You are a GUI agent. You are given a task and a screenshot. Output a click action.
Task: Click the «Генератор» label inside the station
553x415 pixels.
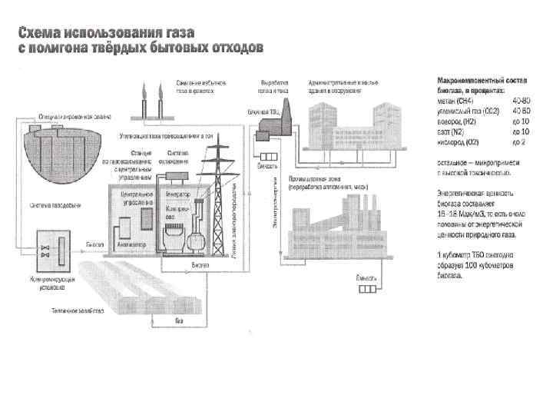click(x=177, y=194)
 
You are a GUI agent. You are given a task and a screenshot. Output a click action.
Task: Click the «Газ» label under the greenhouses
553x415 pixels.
click(x=178, y=320)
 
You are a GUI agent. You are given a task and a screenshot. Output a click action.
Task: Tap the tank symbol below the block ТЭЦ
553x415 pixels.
click(x=266, y=164)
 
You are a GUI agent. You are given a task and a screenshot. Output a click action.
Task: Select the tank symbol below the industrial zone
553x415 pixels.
click(x=365, y=289)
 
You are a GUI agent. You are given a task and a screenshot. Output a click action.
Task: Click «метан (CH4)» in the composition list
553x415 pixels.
click(x=455, y=101)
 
